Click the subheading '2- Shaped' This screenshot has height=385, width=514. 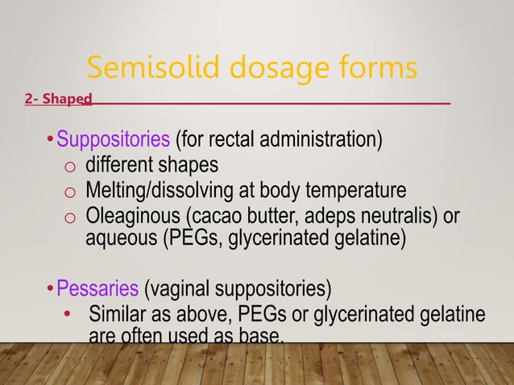tap(58, 100)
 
